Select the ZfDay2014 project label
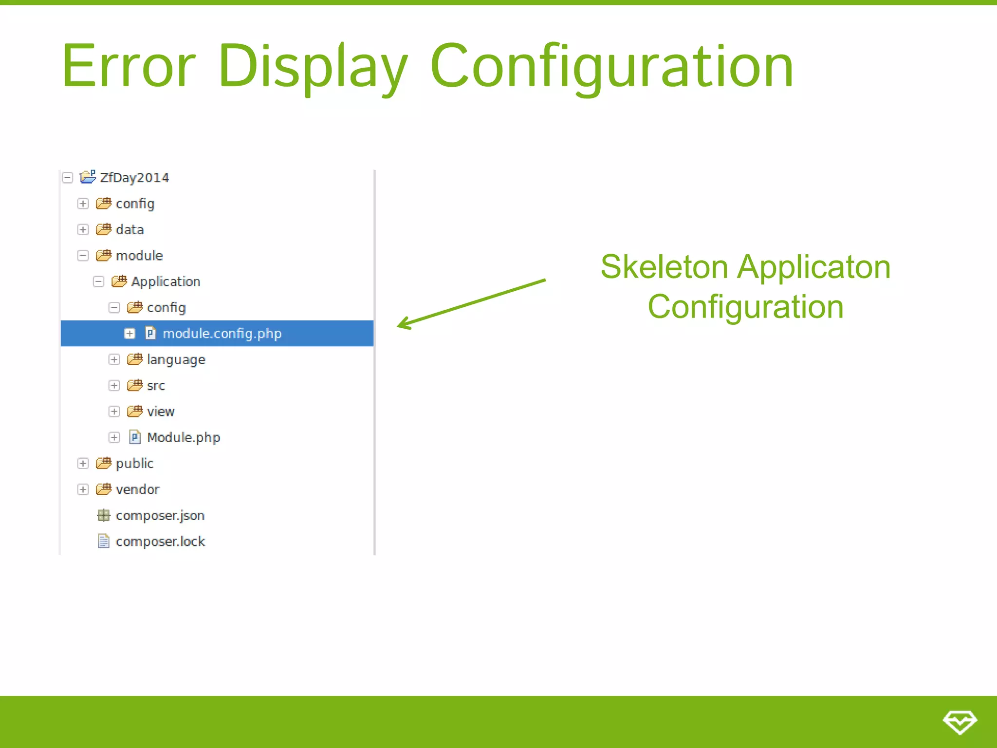point(134,178)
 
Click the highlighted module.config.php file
point(222,334)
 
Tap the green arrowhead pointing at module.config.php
point(404,324)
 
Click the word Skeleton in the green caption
point(664,267)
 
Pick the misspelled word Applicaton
point(813,267)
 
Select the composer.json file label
point(160,515)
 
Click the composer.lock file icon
point(103,541)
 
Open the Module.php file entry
point(183,437)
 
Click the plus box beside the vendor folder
point(83,489)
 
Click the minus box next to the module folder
point(83,256)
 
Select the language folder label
point(176,359)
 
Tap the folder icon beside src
point(134,385)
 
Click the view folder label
point(161,411)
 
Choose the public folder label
point(134,463)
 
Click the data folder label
point(129,229)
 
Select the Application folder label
point(166,281)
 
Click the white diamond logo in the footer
point(960,722)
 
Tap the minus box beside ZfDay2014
point(67,178)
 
